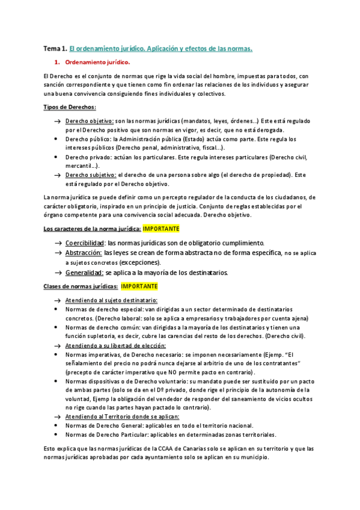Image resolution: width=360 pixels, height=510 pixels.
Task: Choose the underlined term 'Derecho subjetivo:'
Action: coord(91,175)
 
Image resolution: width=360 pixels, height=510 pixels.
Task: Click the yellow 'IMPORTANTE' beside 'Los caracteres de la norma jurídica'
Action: coord(161,229)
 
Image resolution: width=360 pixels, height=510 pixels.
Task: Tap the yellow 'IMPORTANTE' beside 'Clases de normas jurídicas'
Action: coord(139,286)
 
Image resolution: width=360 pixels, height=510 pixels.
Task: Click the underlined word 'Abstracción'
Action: coord(84,253)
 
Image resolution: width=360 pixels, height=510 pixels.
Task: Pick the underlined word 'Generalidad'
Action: coord(84,272)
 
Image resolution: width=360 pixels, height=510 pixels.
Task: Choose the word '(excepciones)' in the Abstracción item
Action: coord(140,263)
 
